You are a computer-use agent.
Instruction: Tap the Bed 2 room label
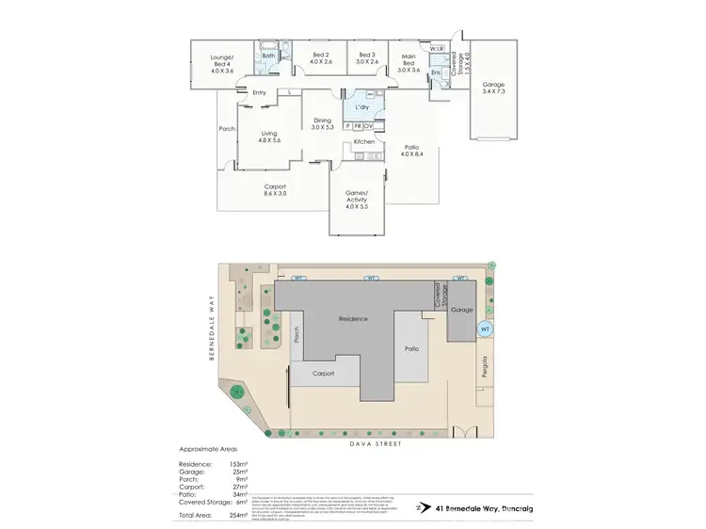point(320,59)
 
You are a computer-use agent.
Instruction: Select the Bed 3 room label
point(367,59)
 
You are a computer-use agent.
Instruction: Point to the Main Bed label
point(407,64)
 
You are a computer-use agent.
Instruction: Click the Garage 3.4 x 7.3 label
point(493,87)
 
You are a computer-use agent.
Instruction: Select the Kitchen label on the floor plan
point(364,142)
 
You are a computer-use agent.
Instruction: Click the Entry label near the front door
point(259,92)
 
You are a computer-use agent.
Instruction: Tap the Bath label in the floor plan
point(268,56)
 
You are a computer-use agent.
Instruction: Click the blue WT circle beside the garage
point(485,329)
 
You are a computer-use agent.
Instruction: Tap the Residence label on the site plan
point(354,320)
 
